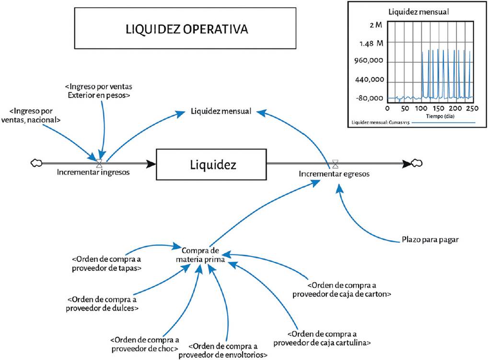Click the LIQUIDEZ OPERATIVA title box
tap(185, 28)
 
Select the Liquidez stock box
tap(211, 164)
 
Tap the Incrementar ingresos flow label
tap(93, 172)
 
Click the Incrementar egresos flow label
tap(334, 174)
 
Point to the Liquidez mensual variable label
tap(221, 111)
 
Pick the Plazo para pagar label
tap(430, 240)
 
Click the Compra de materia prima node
tap(200, 255)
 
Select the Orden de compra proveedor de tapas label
tap(106, 264)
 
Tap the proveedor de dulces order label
tap(102, 304)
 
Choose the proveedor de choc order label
tap(145, 344)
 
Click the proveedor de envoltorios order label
tap(223, 350)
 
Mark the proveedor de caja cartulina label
tap(322, 338)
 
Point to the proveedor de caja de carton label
tap(342, 290)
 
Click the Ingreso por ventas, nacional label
tap(31, 116)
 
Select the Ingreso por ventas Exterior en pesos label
tap(99, 91)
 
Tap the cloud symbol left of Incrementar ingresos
tap(36, 163)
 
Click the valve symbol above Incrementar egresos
tap(335, 163)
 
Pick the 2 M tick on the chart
tap(375, 25)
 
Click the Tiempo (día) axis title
tap(440, 116)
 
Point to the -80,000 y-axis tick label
tap(369, 98)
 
